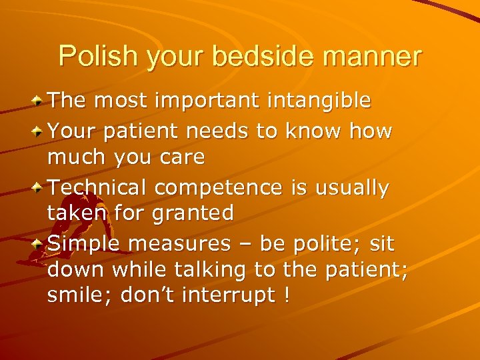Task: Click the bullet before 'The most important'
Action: [39, 101]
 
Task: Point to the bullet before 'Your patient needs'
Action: [39, 131]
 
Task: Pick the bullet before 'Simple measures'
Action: [39, 244]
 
